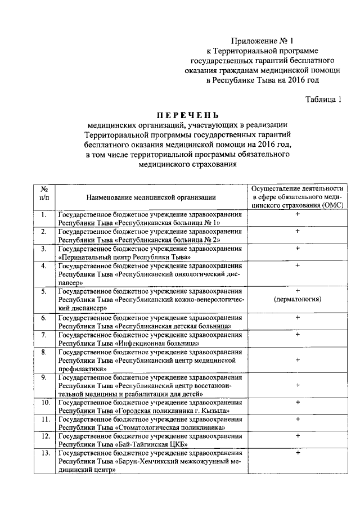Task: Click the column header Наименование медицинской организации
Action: coord(151,197)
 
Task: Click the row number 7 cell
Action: coord(43,335)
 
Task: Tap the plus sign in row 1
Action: coord(297,214)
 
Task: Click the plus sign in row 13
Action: coord(297,453)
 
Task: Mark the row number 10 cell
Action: coord(44,402)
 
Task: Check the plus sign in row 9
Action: coord(297,385)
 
